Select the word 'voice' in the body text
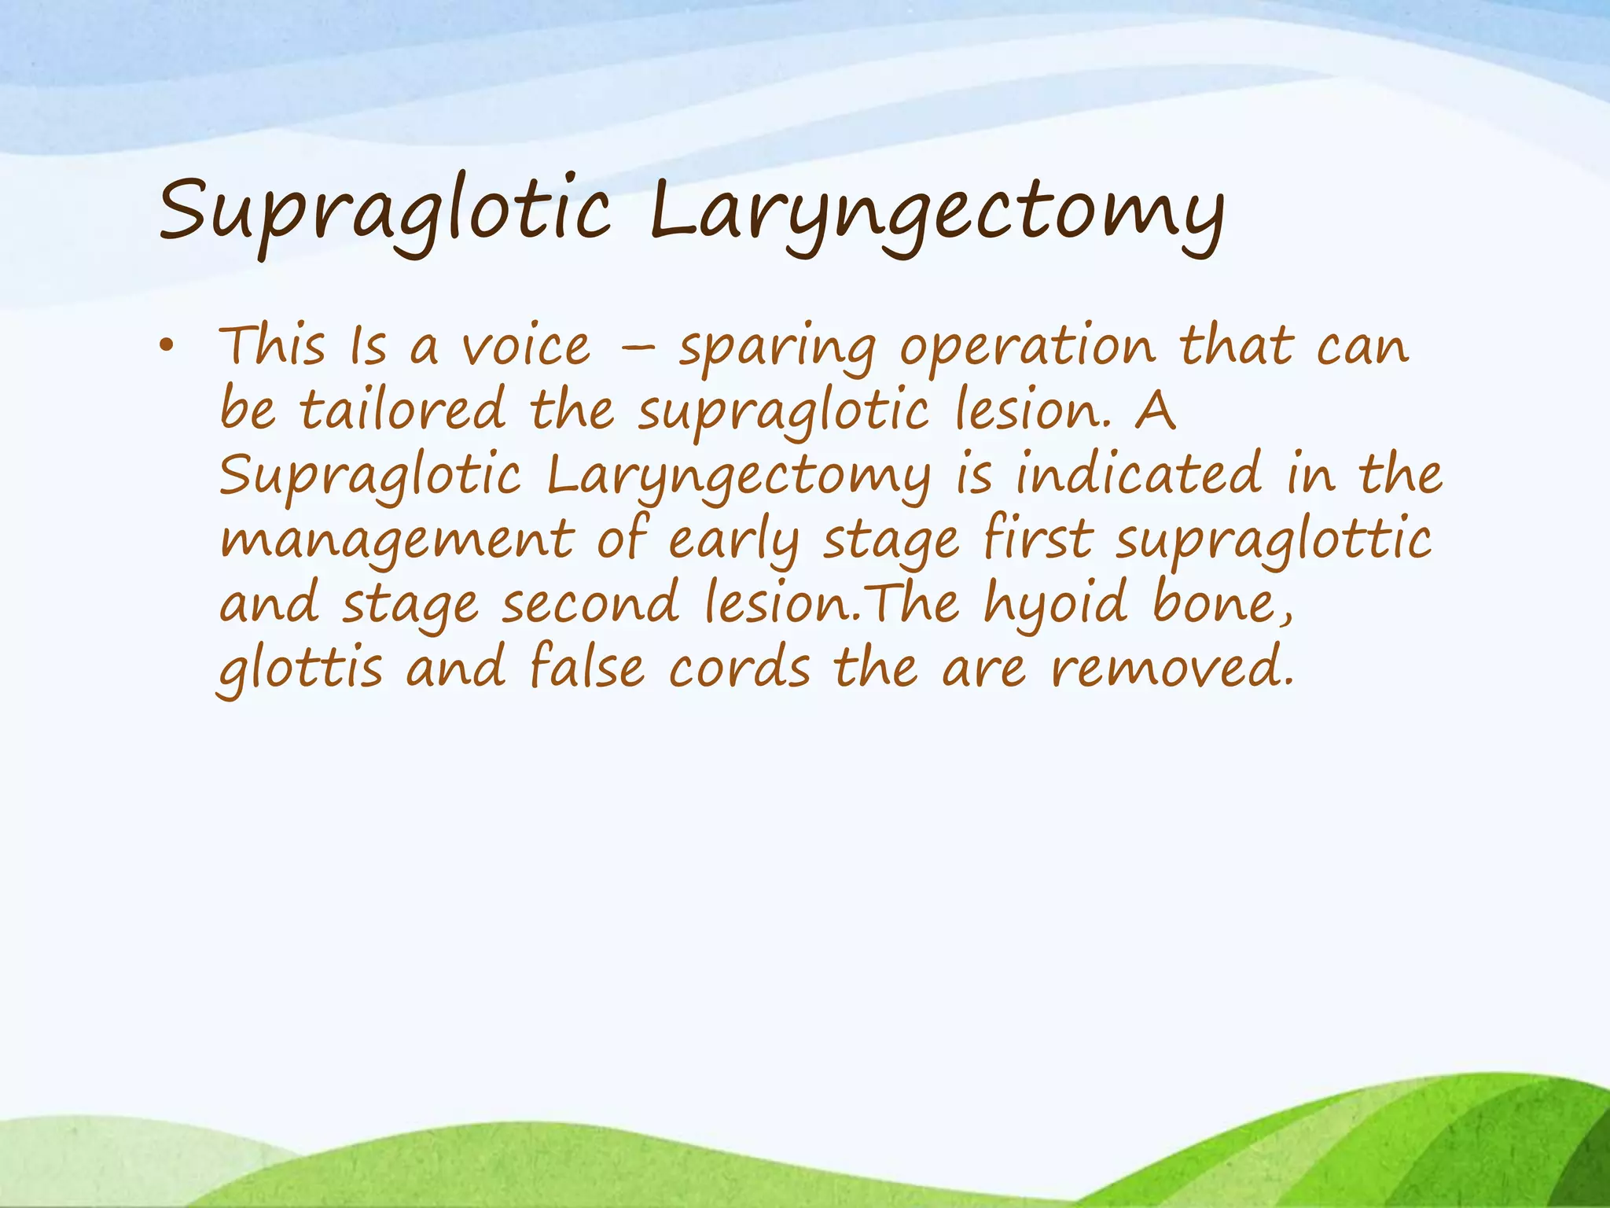[525, 347]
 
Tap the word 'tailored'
[402, 410]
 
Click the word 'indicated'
[1138, 474]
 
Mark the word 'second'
[590, 604]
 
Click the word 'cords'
[740, 668]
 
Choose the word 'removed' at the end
[1171, 668]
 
